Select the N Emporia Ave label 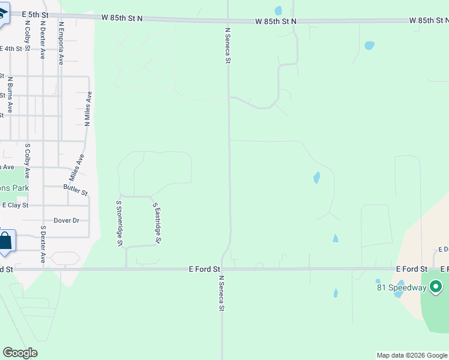61,43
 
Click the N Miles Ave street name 88,108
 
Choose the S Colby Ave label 27,161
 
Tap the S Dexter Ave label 43,245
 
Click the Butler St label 76,190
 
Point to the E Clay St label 16,205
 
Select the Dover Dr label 66,220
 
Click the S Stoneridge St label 119,223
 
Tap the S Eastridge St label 158,223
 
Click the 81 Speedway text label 402,287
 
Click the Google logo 20,353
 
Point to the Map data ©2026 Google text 412,355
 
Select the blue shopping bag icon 5,241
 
